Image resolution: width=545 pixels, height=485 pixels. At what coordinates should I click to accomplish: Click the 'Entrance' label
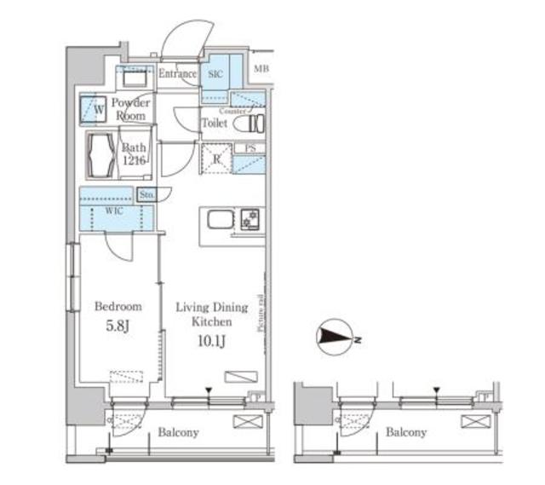pos(177,74)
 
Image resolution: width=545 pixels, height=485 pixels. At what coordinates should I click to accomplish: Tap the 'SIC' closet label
pos(216,73)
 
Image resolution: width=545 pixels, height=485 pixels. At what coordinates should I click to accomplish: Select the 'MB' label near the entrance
pos(259,69)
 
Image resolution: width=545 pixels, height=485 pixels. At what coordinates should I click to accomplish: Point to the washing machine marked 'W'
pos(95,109)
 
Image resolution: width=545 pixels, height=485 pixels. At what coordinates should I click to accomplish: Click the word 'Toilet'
pos(214,123)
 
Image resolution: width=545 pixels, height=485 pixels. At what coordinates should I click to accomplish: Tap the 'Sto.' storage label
pos(146,194)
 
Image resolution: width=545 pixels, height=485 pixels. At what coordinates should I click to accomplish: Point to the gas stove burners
pos(251,219)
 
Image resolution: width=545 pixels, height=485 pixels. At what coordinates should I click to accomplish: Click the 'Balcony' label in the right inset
pos(405,433)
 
